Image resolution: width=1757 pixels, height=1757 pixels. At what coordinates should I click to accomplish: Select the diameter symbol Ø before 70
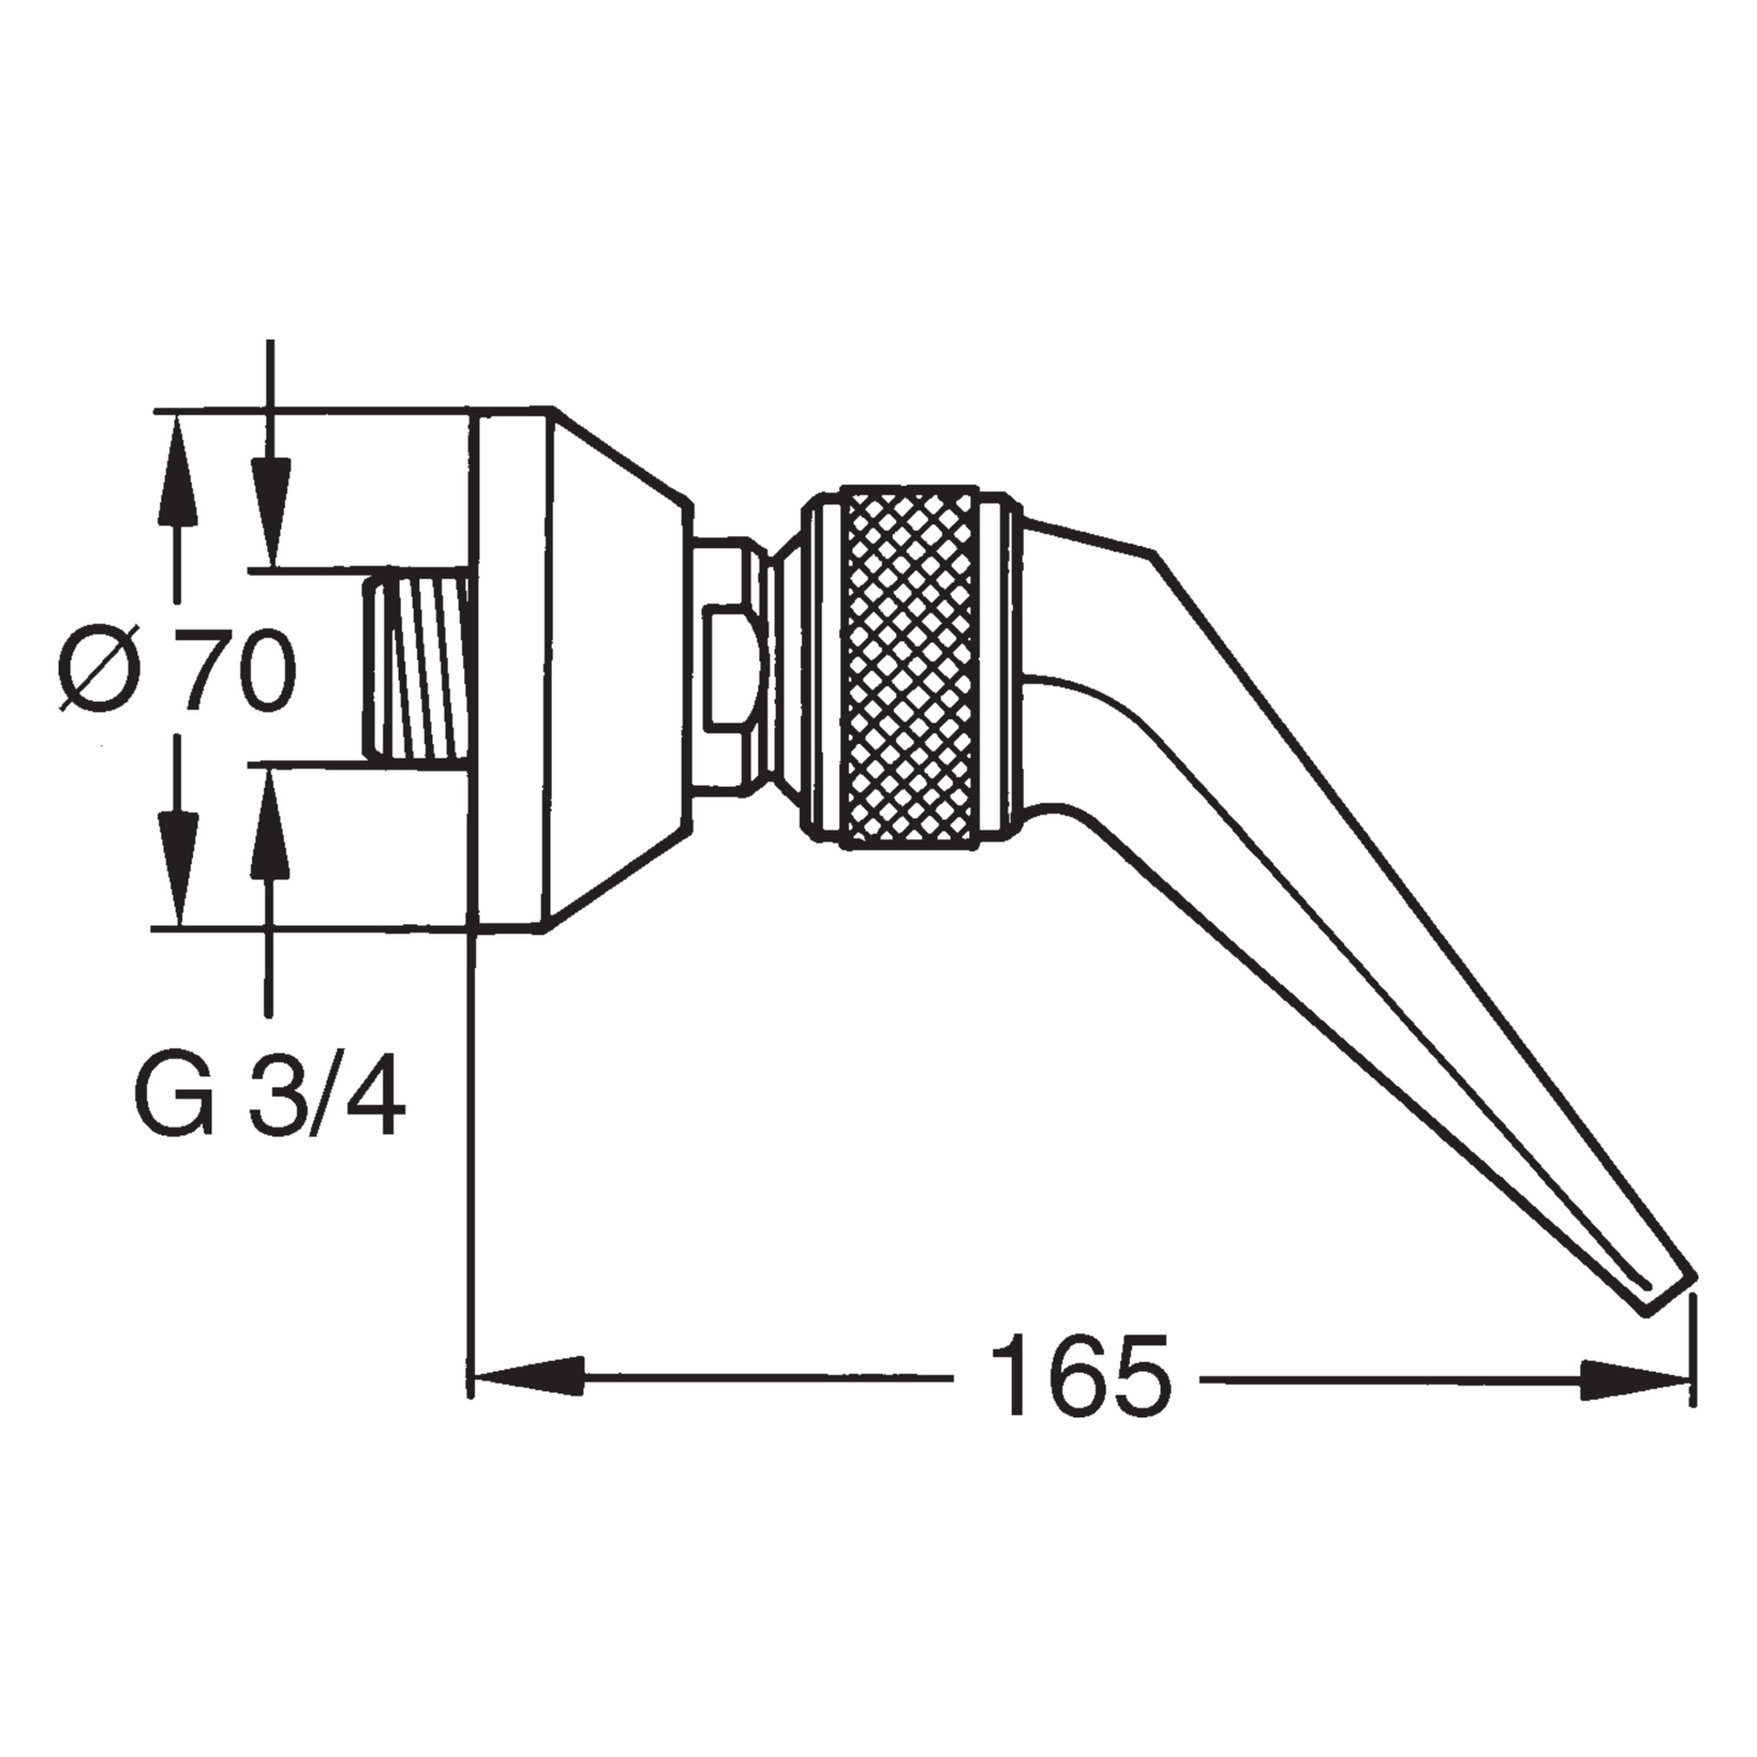pyautogui.click(x=101, y=668)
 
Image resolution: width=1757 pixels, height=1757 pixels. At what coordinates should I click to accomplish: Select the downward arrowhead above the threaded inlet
pyautogui.click(x=270, y=512)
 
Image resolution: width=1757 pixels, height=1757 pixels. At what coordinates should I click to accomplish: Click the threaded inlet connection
pyautogui.click(x=417, y=667)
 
